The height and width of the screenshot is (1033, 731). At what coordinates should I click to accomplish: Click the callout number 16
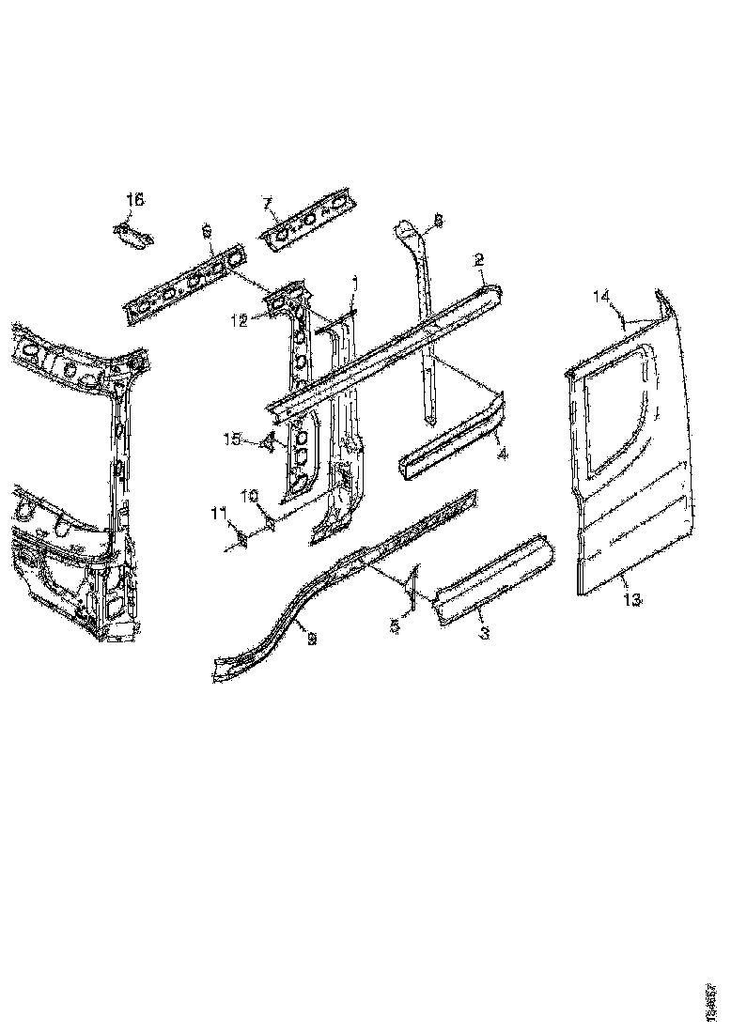point(135,199)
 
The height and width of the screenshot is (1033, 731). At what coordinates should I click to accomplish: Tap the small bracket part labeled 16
point(131,235)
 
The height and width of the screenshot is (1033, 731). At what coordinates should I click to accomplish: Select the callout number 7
point(267,203)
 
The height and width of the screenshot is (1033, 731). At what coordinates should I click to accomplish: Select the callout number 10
point(250,495)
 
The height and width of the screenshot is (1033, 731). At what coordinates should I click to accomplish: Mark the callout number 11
point(218,513)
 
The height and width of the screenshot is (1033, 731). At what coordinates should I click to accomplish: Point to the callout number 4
point(503,455)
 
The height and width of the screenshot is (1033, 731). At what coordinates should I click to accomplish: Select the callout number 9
point(312,639)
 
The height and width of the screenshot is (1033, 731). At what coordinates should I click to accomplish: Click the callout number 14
point(602,297)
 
